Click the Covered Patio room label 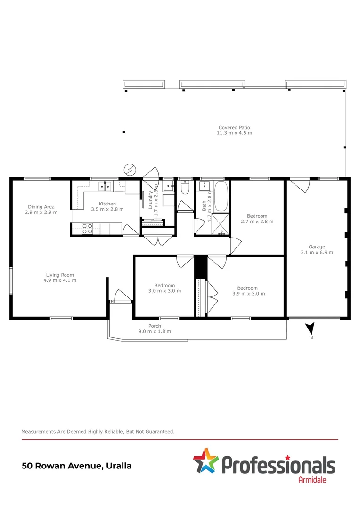(234, 130)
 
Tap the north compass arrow (310, 329)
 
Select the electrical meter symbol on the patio (129, 170)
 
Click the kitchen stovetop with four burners (88, 229)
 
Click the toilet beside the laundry (185, 189)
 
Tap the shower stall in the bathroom (220, 224)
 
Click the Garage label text (317, 249)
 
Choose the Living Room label (60, 278)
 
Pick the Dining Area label (41, 209)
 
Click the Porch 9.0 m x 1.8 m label (155, 328)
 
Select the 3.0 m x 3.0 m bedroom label (164, 288)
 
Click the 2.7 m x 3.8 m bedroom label (257, 219)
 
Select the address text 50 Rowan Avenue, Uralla (77, 466)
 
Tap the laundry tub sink (168, 187)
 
